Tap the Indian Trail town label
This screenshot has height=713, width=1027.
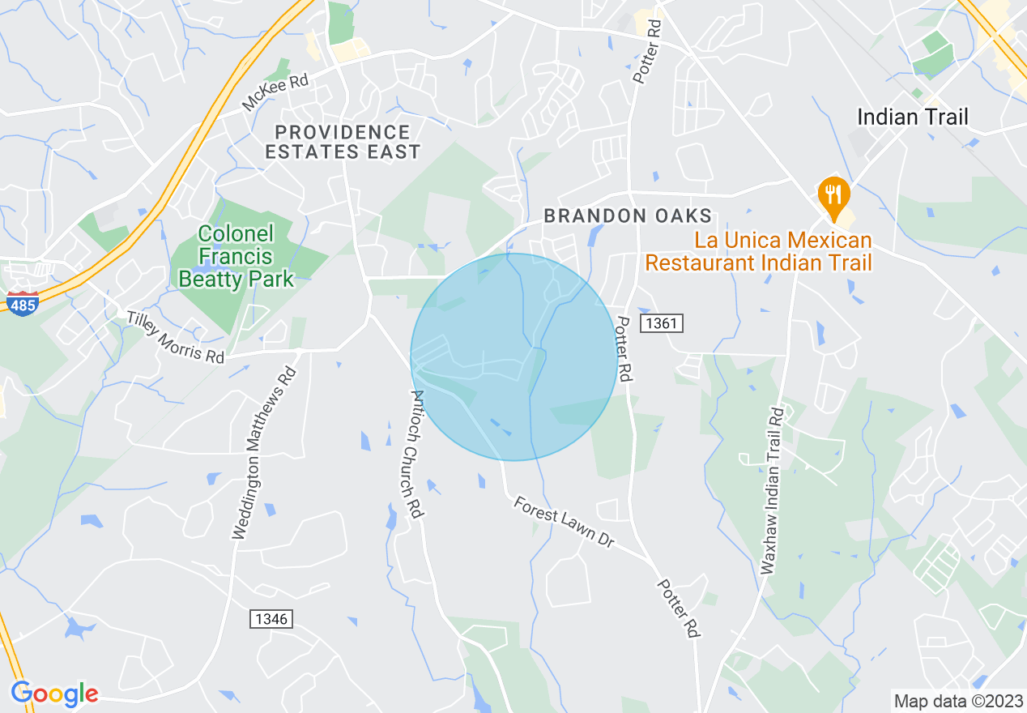[912, 117]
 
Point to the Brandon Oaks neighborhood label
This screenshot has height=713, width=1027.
[628, 216]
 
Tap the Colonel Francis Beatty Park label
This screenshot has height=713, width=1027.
[236, 257]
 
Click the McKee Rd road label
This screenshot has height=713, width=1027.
[275, 93]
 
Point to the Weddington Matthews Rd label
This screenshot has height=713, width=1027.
[264, 454]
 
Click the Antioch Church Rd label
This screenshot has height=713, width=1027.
[416, 454]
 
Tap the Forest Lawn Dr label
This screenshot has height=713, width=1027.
[564, 523]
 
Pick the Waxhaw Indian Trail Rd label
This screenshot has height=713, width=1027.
[773, 489]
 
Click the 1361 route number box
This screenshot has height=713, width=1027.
[663, 324]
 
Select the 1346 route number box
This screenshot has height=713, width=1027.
[271, 619]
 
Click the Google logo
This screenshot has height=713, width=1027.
[54, 694]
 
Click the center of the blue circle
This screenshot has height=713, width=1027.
[513, 357]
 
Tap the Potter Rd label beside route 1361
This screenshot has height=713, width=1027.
[623, 349]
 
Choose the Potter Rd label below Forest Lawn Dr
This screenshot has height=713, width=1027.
[677, 607]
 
